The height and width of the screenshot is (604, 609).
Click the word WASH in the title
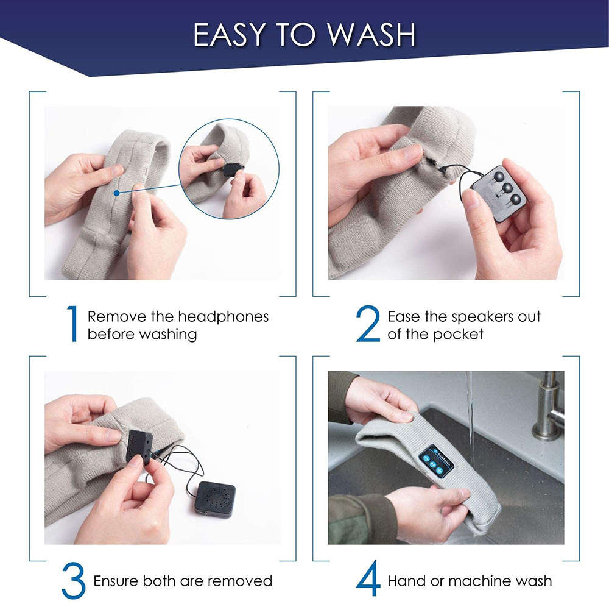[371, 35]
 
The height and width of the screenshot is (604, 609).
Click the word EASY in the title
[229, 35]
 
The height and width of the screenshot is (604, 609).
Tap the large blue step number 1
[72, 324]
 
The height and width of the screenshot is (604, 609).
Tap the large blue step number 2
[368, 324]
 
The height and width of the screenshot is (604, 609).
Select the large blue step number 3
[73, 581]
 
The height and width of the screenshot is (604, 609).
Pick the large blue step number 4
[368, 579]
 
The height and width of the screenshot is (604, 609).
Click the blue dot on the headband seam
[116, 193]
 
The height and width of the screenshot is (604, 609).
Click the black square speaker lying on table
[215, 499]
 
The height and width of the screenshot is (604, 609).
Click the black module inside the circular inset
[232, 170]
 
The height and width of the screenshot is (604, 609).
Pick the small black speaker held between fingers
[139, 446]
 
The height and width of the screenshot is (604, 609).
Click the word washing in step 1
[168, 335]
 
